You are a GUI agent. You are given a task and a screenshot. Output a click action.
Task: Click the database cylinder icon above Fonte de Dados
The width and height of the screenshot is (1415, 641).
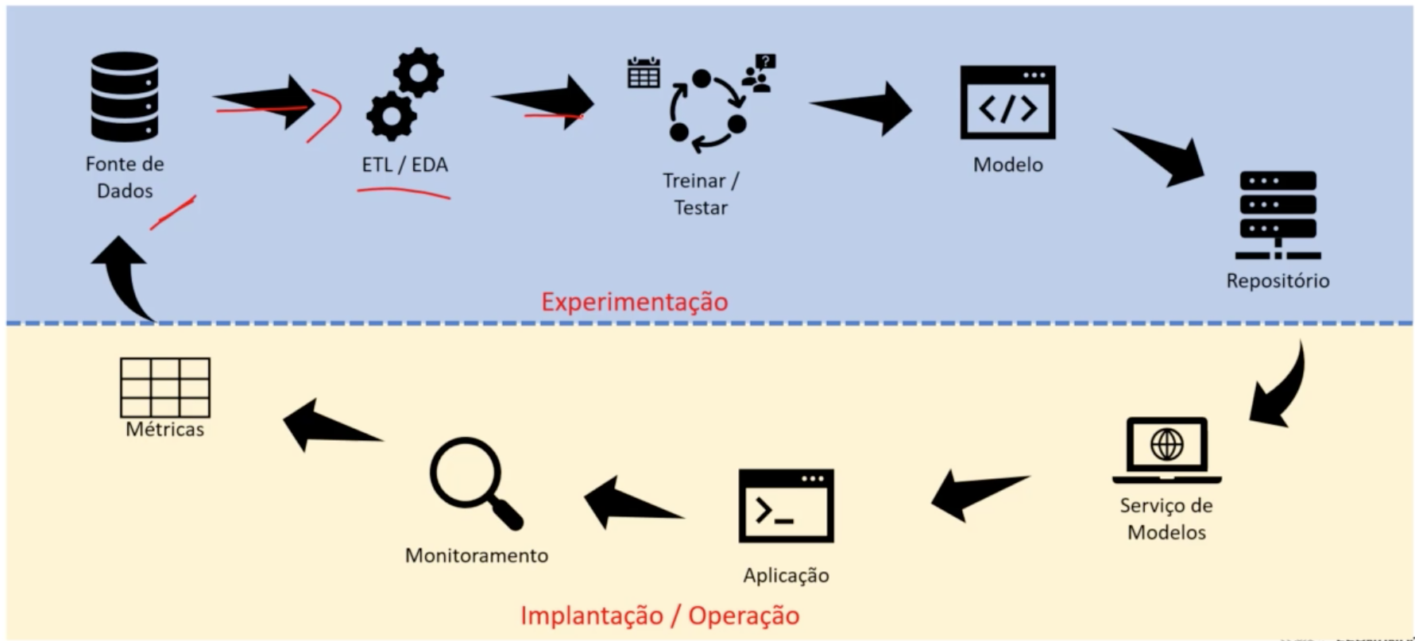click(x=125, y=97)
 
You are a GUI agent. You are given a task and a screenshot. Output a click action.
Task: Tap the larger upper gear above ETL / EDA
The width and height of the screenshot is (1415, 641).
click(x=418, y=73)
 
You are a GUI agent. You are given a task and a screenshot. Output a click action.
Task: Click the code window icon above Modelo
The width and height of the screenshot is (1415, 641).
click(x=1007, y=102)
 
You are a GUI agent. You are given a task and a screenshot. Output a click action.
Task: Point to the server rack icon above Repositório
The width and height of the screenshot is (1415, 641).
click(x=1278, y=214)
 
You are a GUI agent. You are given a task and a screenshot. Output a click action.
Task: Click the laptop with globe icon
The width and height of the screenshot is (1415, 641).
click(x=1166, y=449)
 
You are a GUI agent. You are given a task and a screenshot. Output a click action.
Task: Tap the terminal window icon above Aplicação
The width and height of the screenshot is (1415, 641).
click(x=786, y=506)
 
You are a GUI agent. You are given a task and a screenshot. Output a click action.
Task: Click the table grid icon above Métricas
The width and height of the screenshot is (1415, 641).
click(x=164, y=387)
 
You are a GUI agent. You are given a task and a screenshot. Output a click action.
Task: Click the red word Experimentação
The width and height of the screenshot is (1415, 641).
click(x=634, y=302)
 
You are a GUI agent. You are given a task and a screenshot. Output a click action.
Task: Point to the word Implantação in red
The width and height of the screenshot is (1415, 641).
click(x=591, y=616)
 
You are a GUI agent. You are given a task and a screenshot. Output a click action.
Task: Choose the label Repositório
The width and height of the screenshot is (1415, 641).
click(x=1278, y=280)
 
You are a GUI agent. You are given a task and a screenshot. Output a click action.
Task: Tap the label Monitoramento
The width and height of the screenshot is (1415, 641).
click(x=477, y=555)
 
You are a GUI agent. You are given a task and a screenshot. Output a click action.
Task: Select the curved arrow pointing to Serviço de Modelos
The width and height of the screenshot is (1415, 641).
click(x=1279, y=389)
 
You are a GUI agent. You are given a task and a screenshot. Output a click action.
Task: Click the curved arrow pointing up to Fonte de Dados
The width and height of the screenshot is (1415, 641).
click(x=127, y=274)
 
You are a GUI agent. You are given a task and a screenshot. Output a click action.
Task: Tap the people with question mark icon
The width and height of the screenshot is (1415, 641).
click(x=760, y=73)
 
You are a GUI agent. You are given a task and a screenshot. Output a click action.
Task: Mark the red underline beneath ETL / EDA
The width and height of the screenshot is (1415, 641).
click(x=404, y=192)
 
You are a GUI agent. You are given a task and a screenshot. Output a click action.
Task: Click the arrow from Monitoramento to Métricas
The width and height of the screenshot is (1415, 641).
click(x=328, y=424)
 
